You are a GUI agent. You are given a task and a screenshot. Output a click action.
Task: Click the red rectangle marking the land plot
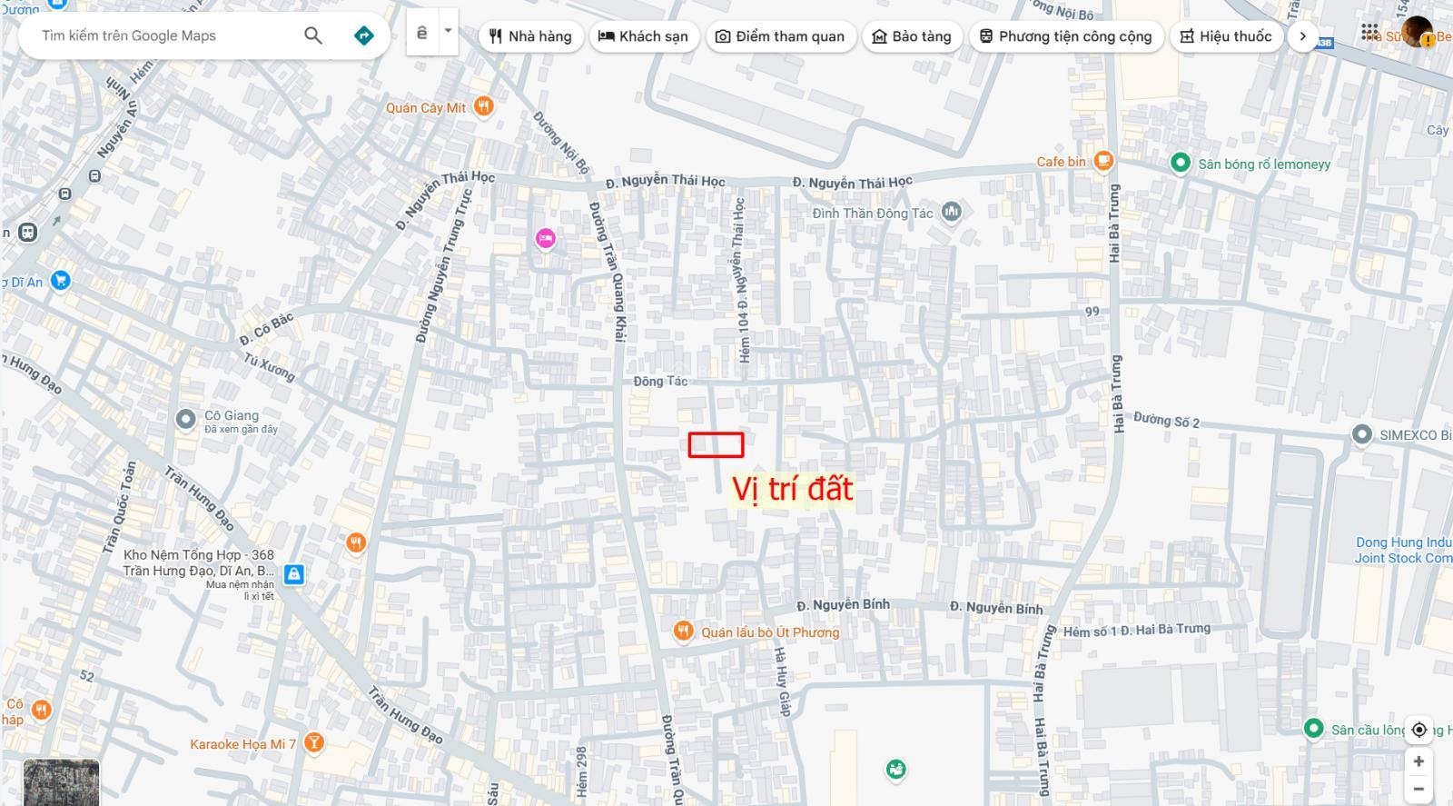coord(716,444)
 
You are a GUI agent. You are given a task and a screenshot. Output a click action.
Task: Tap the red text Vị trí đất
coord(792,489)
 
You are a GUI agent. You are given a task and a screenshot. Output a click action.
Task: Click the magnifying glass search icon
coord(313,35)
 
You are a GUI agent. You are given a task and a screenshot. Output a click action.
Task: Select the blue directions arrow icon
coord(363,35)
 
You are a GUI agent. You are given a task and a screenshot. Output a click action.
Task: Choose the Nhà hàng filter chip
coord(530,36)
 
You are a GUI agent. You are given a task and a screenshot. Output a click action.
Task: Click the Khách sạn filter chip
coord(644,36)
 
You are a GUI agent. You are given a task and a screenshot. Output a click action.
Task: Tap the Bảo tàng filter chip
coord(912,36)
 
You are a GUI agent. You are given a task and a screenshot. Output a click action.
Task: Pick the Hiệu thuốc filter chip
coord(1226,36)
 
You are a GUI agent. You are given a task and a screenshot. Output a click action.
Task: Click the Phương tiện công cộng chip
coord(1066,36)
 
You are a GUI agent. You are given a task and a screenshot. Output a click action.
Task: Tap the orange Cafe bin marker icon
coord(1103,161)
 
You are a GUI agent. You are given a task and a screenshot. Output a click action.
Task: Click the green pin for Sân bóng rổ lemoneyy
coord(1180,163)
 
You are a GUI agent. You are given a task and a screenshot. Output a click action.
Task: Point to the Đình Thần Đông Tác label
coord(872,213)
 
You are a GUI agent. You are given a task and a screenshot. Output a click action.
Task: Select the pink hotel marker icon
coord(545,238)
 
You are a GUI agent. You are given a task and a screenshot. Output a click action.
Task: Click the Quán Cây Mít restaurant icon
coord(484,106)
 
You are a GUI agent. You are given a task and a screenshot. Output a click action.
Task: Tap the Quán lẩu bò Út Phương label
coord(769,632)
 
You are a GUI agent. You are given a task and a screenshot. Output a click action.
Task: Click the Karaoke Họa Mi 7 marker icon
coord(313,742)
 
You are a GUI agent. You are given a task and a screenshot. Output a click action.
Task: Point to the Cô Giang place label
coord(231,416)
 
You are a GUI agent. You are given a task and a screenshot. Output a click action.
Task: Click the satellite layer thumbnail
coord(61,782)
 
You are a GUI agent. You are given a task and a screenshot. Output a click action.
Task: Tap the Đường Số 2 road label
coord(1166,420)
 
